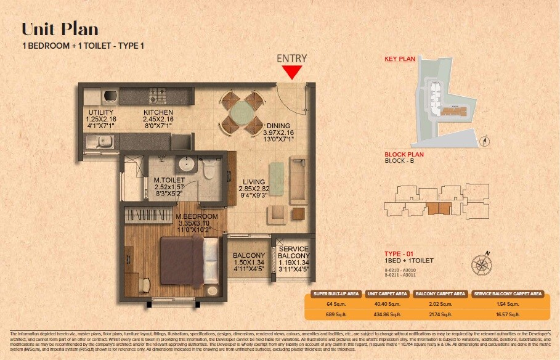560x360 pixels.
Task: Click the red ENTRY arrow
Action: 292,72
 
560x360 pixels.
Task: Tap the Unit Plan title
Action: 60,29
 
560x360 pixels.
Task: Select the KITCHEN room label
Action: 158,112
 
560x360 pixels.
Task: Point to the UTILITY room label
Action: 100,112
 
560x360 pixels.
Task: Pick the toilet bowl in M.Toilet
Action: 208,167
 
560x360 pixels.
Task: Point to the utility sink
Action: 97,144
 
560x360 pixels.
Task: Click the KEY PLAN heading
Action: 399,59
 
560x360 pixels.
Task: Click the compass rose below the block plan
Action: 481,264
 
